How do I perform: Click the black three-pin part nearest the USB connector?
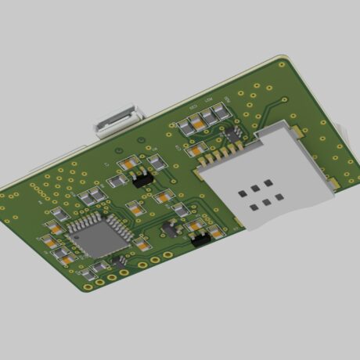pyautogui.click(x=143, y=179)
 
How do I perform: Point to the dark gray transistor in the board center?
pyautogui.click(x=168, y=229)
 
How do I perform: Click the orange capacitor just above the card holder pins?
pyautogui.click(x=199, y=148)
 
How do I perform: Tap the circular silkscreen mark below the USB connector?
pyautogui.click(x=116, y=149)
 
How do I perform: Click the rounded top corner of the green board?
pyautogui.click(x=286, y=56)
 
